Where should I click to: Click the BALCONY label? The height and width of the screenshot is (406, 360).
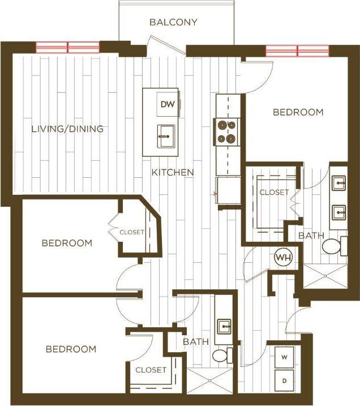173,23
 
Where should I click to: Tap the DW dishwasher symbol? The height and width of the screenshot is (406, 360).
166,104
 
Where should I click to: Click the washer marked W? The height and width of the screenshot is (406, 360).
284,358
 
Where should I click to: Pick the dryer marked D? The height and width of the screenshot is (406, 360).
284,381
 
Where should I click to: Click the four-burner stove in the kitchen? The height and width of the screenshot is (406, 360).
225,131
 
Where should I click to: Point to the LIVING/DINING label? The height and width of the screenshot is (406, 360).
67,129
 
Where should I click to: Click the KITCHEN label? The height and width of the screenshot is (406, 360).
173,172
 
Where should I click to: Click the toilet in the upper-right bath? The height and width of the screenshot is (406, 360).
332,246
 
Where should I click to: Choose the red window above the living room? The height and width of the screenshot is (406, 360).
68,47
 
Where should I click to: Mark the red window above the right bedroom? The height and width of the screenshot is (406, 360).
297,51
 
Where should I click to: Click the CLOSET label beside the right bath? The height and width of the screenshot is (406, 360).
274,193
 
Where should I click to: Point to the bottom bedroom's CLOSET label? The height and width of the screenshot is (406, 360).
151,370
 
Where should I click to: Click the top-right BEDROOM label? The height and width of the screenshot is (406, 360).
298,112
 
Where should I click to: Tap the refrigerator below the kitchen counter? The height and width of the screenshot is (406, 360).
228,189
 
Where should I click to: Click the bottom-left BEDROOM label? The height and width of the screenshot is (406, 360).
71,349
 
